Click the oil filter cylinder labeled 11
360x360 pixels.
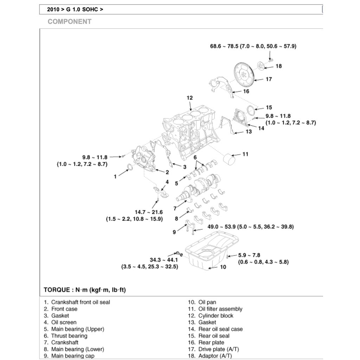pos(229,159)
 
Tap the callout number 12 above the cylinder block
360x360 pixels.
pos(189,98)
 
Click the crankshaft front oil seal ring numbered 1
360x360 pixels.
pos(129,167)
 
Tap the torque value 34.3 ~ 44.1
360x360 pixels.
pos(164,260)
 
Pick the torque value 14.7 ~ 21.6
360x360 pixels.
pos(149,212)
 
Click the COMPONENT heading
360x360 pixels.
pos(70,22)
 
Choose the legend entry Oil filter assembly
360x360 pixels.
pos(220,309)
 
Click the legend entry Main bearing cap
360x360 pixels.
pos(72,356)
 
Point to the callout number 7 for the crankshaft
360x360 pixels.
pos(175,208)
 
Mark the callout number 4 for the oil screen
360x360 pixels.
pos(167,182)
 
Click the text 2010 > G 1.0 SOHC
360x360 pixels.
pos(75,9)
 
